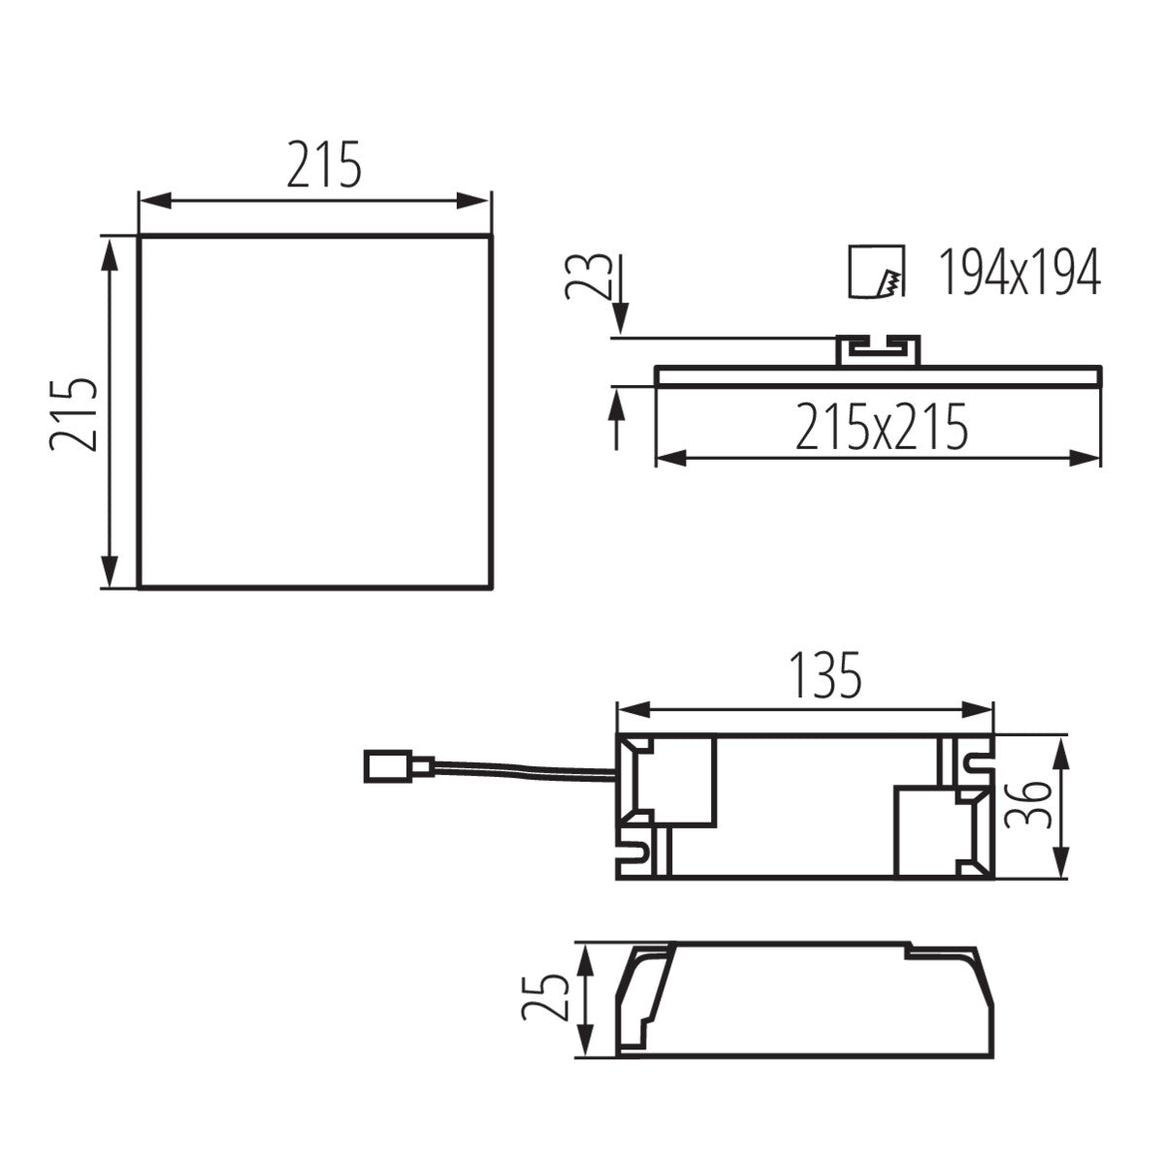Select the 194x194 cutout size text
[x=1018, y=273]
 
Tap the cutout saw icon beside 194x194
[x=876, y=274]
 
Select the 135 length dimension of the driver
[x=824, y=676]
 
